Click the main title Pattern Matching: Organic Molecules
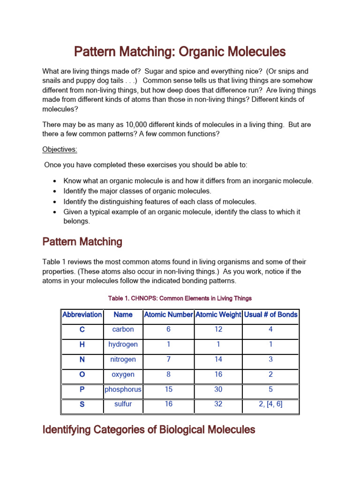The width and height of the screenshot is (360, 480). (x=180, y=51)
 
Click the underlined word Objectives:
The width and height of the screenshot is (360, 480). (x=60, y=150)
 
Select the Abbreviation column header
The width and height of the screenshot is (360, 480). (x=82, y=315)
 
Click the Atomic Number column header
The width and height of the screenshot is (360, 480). (x=168, y=315)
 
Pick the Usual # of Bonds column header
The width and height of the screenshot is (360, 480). (x=270, y=315)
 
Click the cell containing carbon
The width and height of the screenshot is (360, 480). (x=123, y=330)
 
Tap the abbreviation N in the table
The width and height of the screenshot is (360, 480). (x=82, y=360)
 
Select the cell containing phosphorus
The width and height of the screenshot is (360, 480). (x=123, y=390)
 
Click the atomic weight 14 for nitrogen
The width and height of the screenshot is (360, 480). (x=218, y=360)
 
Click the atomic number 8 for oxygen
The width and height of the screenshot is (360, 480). (x=168, y=375)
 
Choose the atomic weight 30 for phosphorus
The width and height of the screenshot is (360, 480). (x=218, y=390)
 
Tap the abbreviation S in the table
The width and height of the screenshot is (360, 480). (x=82, y=404)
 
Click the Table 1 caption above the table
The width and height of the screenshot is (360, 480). (x=180, y=298)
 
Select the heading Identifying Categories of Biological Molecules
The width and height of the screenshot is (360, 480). (x=149, y=429)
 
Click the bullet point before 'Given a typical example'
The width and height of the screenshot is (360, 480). (x=55, y=212)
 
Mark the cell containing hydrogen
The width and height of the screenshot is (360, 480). (x=123, y=345)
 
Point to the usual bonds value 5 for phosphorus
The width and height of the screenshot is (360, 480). (x=270, y=390)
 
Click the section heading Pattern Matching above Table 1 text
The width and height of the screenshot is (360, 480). (x=82, y=242)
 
